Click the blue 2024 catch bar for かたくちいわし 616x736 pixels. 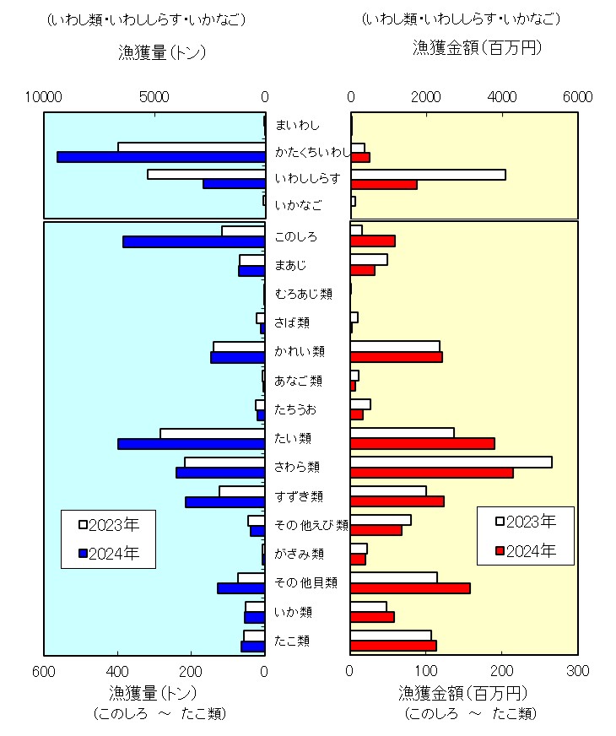160,157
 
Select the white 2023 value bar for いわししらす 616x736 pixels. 428,175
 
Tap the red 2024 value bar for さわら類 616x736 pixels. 431,473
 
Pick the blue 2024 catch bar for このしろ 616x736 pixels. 193,241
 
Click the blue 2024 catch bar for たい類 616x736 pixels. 191,443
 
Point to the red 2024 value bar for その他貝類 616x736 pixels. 410,587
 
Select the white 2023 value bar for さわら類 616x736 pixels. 451,462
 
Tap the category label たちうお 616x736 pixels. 295,409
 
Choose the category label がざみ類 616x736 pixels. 299,554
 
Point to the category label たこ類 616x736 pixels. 292,641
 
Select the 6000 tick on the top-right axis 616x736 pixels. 577,97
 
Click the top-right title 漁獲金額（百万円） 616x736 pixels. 477,47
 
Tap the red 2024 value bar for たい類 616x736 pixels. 422,443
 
